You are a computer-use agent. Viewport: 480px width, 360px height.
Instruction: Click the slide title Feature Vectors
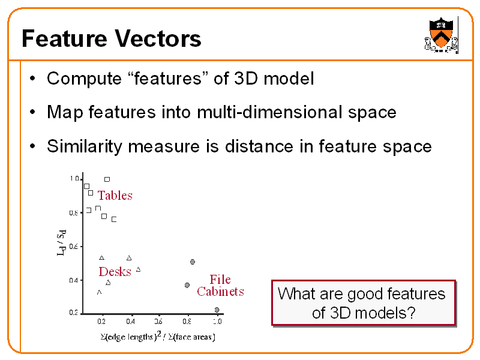click(x=111, y=39)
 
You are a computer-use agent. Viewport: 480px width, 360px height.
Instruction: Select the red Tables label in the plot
click(x=115, y=196)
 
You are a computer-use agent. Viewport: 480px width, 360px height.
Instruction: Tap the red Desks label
click(x=115, y=272)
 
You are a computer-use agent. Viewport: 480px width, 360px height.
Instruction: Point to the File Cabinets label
click(x=220, y=286)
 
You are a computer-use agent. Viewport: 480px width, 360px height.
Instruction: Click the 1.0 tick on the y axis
click(x=74, y=178)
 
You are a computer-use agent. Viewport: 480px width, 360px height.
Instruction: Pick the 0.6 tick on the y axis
click(x=74, y=246)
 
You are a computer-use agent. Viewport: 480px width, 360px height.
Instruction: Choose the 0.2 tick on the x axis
click(x=102, y=322)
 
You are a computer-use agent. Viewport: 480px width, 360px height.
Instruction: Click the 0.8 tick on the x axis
click(x=188, y=322)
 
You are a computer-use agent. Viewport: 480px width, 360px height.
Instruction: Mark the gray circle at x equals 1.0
click(x=217, y=310)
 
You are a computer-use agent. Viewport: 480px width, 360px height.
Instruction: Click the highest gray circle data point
click(x=192, y=262)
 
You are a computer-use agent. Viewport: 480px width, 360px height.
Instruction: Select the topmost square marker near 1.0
click(x=107, y=179)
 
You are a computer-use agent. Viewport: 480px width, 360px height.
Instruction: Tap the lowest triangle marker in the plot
click(x=99, y=292)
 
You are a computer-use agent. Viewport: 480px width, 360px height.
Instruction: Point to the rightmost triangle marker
click(x=138, y=269)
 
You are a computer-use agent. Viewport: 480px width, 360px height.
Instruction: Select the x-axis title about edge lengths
click(x=157, y=337)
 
